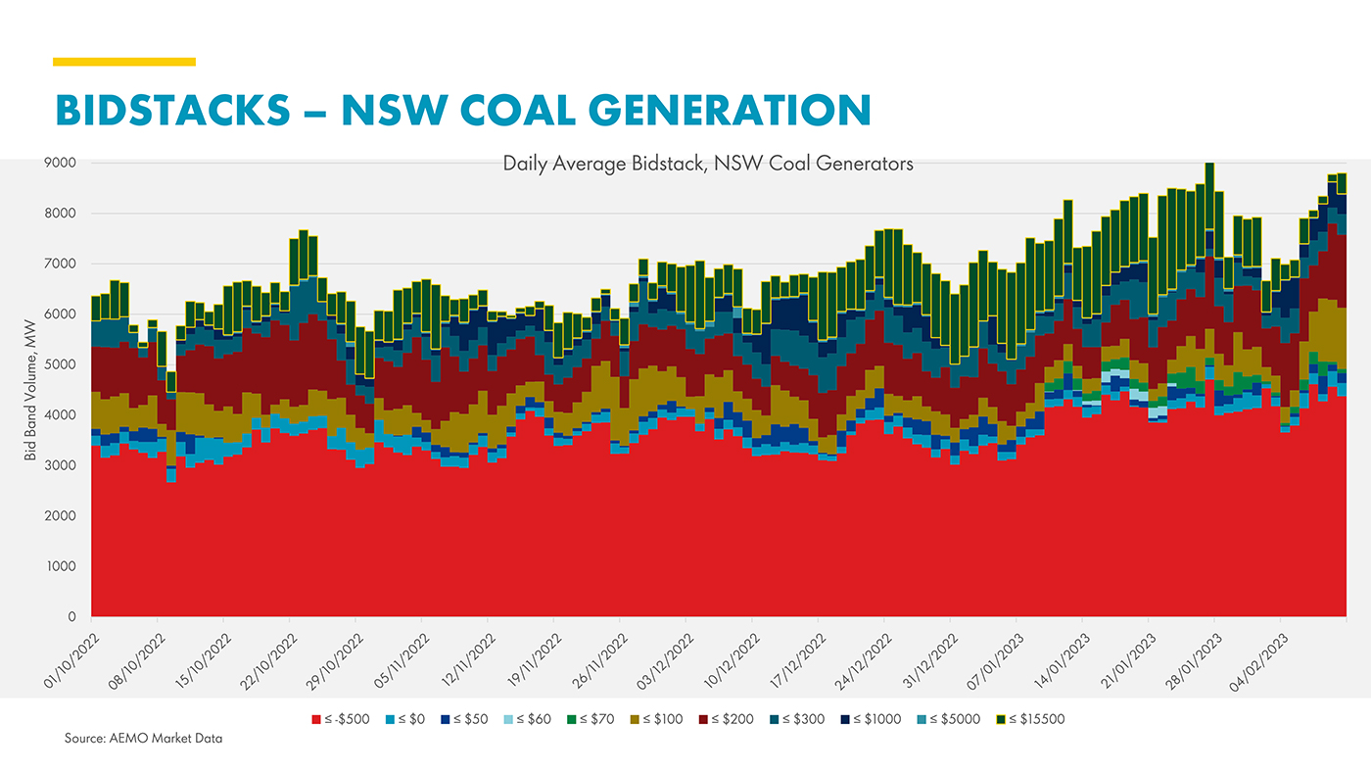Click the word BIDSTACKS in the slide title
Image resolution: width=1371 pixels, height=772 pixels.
[171, 109]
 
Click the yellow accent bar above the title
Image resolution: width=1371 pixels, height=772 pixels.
[124, 62]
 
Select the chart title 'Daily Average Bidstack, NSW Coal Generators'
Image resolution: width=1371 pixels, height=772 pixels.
[707, 164]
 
